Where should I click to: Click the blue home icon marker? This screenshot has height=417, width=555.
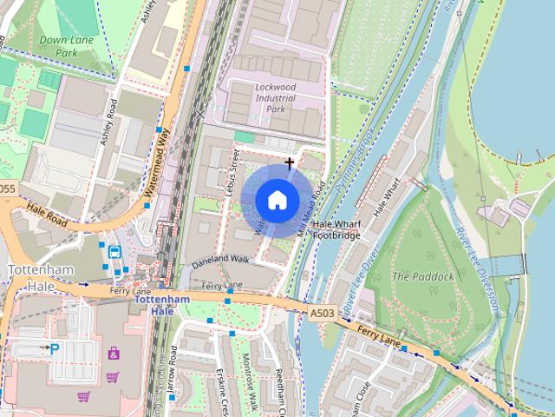click(276, 200)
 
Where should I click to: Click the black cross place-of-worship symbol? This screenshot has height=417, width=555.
click(290, 162)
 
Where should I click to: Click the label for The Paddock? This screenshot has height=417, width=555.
click(422, 276)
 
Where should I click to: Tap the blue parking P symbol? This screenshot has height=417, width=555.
click(54, 349)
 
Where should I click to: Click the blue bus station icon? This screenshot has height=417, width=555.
click(114, 252)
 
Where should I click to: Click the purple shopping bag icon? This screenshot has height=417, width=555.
click(114, 354)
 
